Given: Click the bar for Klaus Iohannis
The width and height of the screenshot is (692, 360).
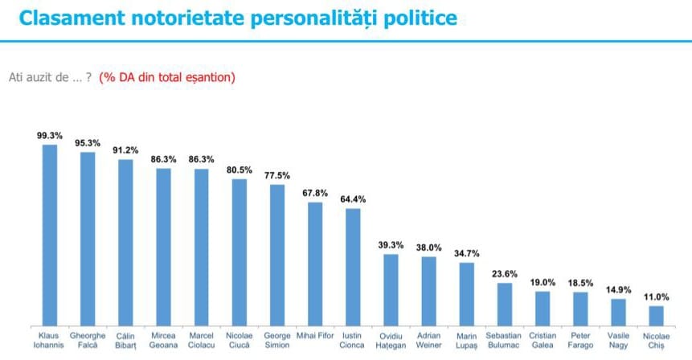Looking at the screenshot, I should tap(50, 233).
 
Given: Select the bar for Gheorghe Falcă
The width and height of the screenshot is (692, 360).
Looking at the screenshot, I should tap(88, 237).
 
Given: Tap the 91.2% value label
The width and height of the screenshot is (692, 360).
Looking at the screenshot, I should tap(125, 149).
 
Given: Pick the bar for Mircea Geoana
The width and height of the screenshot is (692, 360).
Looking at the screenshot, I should tap(163, 245).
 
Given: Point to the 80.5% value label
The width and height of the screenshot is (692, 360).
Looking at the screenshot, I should tap(239, 170).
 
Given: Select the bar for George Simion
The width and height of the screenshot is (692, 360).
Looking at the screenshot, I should tap(277, 253).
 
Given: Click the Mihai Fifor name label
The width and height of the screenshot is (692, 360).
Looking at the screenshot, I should tap(315, 334).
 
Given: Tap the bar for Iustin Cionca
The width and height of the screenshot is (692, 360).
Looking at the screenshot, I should tap(353, 265).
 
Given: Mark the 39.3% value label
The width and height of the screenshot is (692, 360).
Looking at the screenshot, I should tap(391, 244).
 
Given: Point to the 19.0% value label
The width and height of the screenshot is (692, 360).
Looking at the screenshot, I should tap(543, 282).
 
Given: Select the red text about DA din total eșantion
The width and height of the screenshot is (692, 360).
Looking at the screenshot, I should tap(167, 77).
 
